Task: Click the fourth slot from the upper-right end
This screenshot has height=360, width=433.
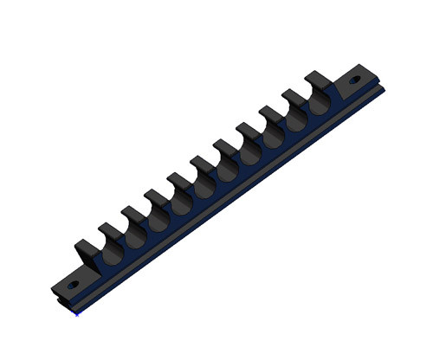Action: click(x=251, y=151)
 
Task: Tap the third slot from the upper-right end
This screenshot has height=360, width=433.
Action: click(x=274, y=135)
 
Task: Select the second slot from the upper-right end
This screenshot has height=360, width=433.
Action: click(x=296, y=119)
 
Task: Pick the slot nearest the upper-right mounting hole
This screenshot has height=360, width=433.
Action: click(x=319, y=102)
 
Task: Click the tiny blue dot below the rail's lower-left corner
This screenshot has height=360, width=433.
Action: click(x=77, y=313)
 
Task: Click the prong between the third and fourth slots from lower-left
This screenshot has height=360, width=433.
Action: click(x=156, y=197)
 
